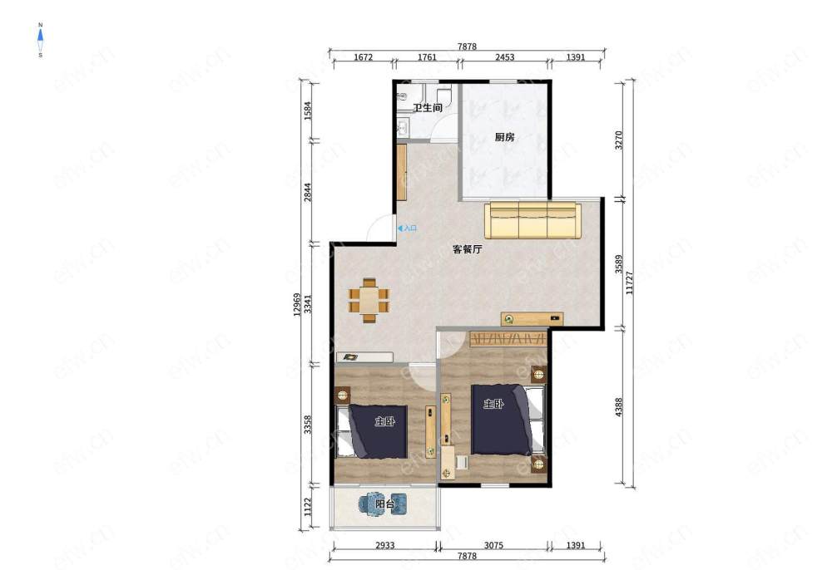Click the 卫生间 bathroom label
click(x=428, y=107)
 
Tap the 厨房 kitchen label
click(x=505, y=137)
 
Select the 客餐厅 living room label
click(x=467, y=249)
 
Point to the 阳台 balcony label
click(x=384, y=504)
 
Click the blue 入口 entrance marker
click(x=408, y=228)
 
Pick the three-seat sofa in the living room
click(x=532, y=220)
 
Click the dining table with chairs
click(x=369, y=300)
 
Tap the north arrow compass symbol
click(x=40, y=40)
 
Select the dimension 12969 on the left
click(x=297, y=305)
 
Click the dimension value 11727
click(x=630, y=283)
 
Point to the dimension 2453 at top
click(x=505, y=57)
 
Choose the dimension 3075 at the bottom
click(x=493, y=545)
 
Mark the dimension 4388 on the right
click(x=619, y=407)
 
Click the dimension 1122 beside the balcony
click(x=309, y=508)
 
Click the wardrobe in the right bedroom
click(x=508, y=338)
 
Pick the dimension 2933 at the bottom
click(x=384, y=545)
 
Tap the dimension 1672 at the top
click(x=363, y=57)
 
